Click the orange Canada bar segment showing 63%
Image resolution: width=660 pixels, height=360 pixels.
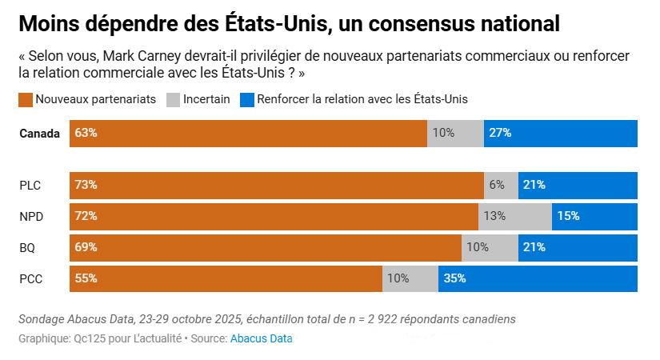coord(248,134)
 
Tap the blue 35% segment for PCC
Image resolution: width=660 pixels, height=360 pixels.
coord(538,278)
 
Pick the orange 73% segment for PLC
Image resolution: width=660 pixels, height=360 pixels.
coord(276,185)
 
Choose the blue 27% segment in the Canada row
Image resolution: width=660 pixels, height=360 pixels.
coord(560,134)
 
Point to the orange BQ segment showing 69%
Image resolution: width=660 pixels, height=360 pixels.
coord(265,247)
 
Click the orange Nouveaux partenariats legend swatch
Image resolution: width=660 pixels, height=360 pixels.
coord(25,100)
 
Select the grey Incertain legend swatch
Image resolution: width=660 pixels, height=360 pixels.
coord(172,100)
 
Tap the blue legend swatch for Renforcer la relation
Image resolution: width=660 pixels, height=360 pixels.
coord(246,100)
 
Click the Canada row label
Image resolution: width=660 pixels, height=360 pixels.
coord(40,134)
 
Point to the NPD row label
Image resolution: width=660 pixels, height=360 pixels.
coord(31,216)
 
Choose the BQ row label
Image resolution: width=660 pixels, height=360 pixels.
coord(27,247)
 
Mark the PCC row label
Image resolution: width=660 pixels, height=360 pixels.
coord(30,278)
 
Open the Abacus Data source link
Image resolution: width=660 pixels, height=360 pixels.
coord(261,338)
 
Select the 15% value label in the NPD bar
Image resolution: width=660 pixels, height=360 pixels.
coord(568,216)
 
